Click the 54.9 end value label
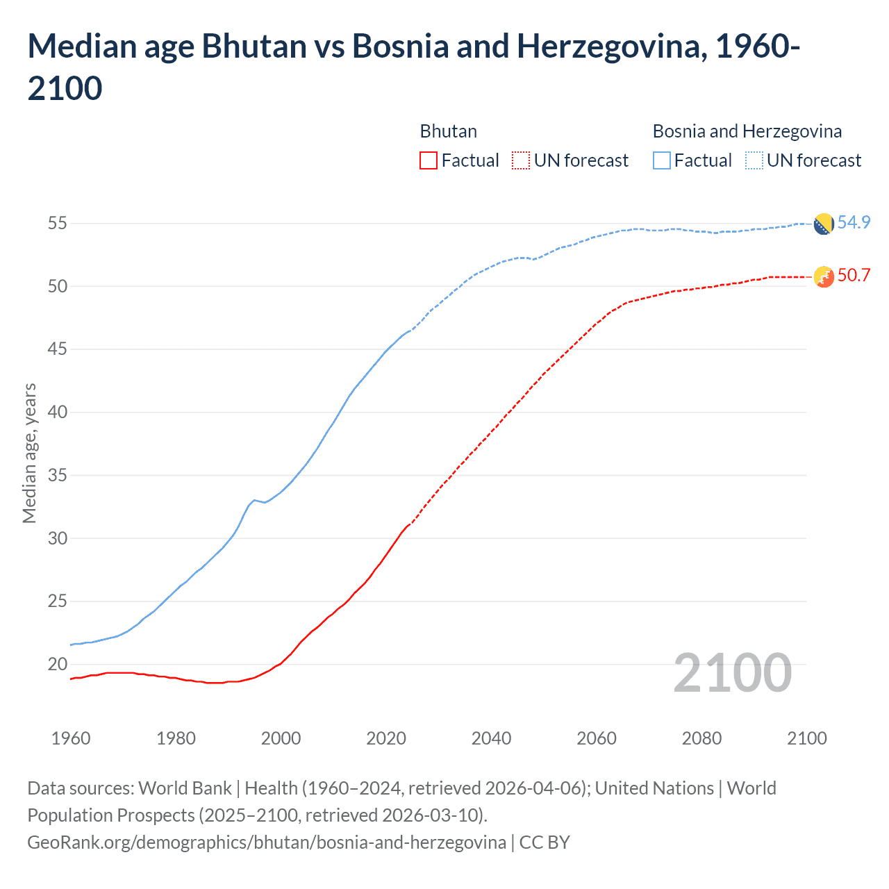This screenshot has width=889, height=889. point(854,222)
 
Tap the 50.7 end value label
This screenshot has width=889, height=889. point(854,275)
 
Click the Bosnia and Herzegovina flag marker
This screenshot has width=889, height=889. point(823,224)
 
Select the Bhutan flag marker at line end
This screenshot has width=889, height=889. point(823,276)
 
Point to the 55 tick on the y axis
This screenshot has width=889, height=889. point(57,224)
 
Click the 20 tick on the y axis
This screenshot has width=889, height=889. point(57,664)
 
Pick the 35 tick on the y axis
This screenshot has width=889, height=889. point(57,476)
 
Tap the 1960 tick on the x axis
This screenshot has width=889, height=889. point(71,738)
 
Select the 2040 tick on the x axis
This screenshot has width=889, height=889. point(491,738)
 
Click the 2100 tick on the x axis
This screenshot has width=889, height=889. point(806,738)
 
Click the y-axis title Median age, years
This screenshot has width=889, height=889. point(29,453)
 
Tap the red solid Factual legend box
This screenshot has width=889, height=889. point(429,160)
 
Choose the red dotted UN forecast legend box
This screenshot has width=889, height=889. point(521,160)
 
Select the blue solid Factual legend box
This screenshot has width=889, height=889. point(662,160)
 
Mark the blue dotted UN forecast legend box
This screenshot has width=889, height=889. point(754,160)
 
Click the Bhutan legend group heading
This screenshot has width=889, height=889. point(448,131)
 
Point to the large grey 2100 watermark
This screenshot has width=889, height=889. point(732,673)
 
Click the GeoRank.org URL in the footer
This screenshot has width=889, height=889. point(266,842)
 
